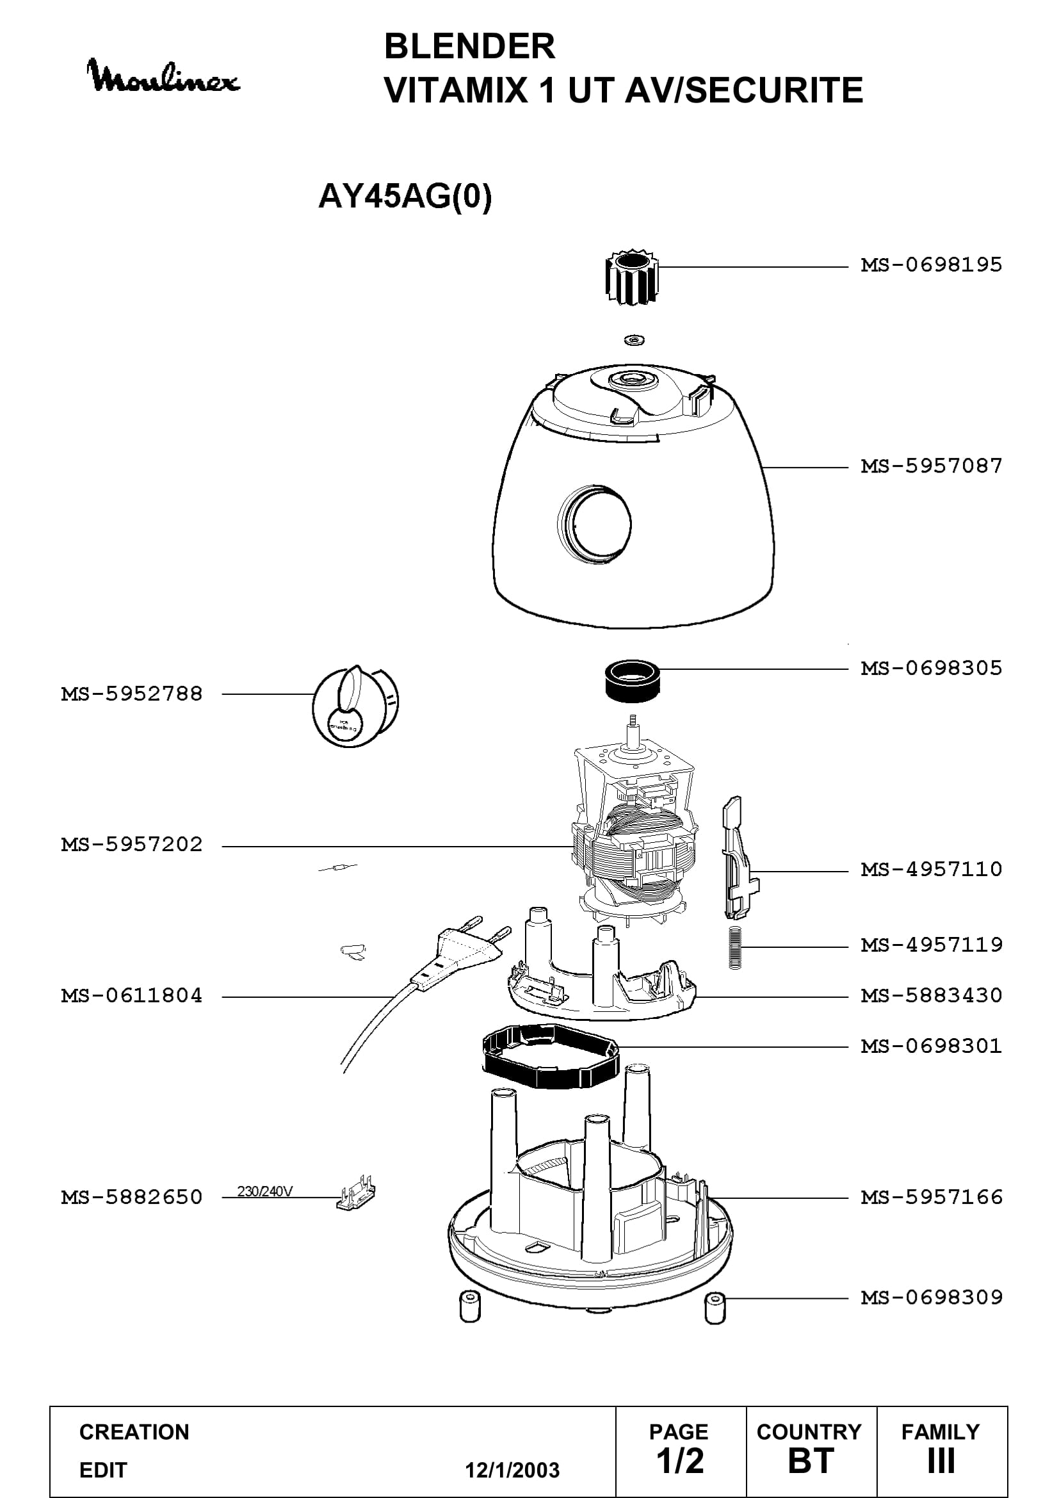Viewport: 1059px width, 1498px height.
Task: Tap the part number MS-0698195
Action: [x=931, y=265]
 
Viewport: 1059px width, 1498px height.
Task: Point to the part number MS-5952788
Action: [x=132, y=694]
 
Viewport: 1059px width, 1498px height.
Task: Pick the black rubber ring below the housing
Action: [x=632, y=681]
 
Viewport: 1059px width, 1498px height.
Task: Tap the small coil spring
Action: [x=734, y=948]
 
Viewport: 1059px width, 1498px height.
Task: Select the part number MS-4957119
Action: [x=931, y=945]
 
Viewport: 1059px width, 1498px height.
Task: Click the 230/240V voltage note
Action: [x=265, y=1191]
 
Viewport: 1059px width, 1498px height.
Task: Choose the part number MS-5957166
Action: [x=931, y=1197]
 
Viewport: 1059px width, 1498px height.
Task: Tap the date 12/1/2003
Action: [x=512, y=1470]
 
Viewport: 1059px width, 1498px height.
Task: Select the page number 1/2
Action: [x=679, y=1461]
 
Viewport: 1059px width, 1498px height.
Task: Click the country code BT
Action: [x=811, y=1461]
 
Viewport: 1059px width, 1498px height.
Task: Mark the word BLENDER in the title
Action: [x=469, y=46]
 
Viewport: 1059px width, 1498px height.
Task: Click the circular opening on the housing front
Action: [x=595, y=523]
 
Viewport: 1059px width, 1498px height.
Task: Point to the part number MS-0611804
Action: [x=132, y=996]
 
